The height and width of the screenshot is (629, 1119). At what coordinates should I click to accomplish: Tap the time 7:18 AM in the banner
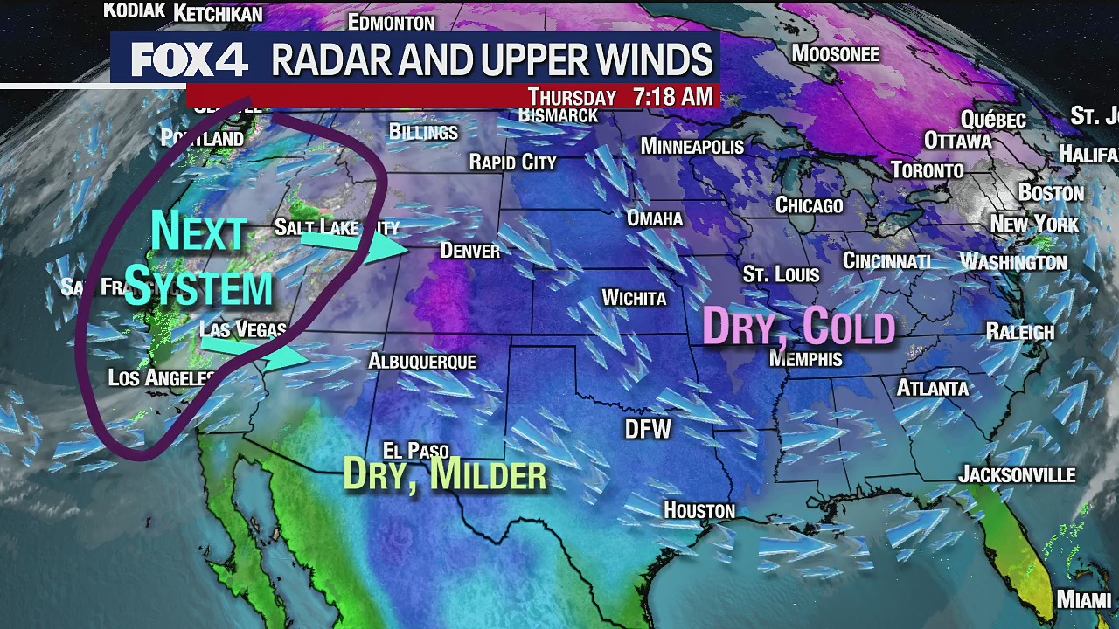(673, 97)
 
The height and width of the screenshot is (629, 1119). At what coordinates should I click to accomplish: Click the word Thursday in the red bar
(572, 97)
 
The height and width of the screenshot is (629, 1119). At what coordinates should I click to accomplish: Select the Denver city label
(470, 252)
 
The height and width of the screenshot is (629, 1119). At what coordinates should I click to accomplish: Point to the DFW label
(648, 429)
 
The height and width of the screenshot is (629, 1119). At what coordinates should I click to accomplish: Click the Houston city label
(699, 510)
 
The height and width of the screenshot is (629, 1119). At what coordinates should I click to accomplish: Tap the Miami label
(1083, 600)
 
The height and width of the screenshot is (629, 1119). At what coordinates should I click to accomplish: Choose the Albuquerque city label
(422, 362)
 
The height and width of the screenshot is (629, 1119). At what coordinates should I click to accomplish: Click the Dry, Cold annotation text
(799, 328)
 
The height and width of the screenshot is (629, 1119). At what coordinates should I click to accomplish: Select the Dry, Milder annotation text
(445, 475)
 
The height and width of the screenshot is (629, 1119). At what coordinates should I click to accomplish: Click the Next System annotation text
(199, 260)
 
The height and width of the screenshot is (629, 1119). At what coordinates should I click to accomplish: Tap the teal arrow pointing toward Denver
(354, 245)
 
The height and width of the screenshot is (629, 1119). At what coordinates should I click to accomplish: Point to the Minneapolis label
(692, 146)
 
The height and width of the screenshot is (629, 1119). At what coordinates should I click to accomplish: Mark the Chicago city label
(810, 205)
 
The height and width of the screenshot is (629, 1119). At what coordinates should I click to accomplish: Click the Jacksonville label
(1017, 475)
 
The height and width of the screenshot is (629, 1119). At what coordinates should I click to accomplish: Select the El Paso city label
(416, 452)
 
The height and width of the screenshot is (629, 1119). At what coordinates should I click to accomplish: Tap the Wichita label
(634, 299)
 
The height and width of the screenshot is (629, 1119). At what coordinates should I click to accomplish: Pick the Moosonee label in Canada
(835, 54)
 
